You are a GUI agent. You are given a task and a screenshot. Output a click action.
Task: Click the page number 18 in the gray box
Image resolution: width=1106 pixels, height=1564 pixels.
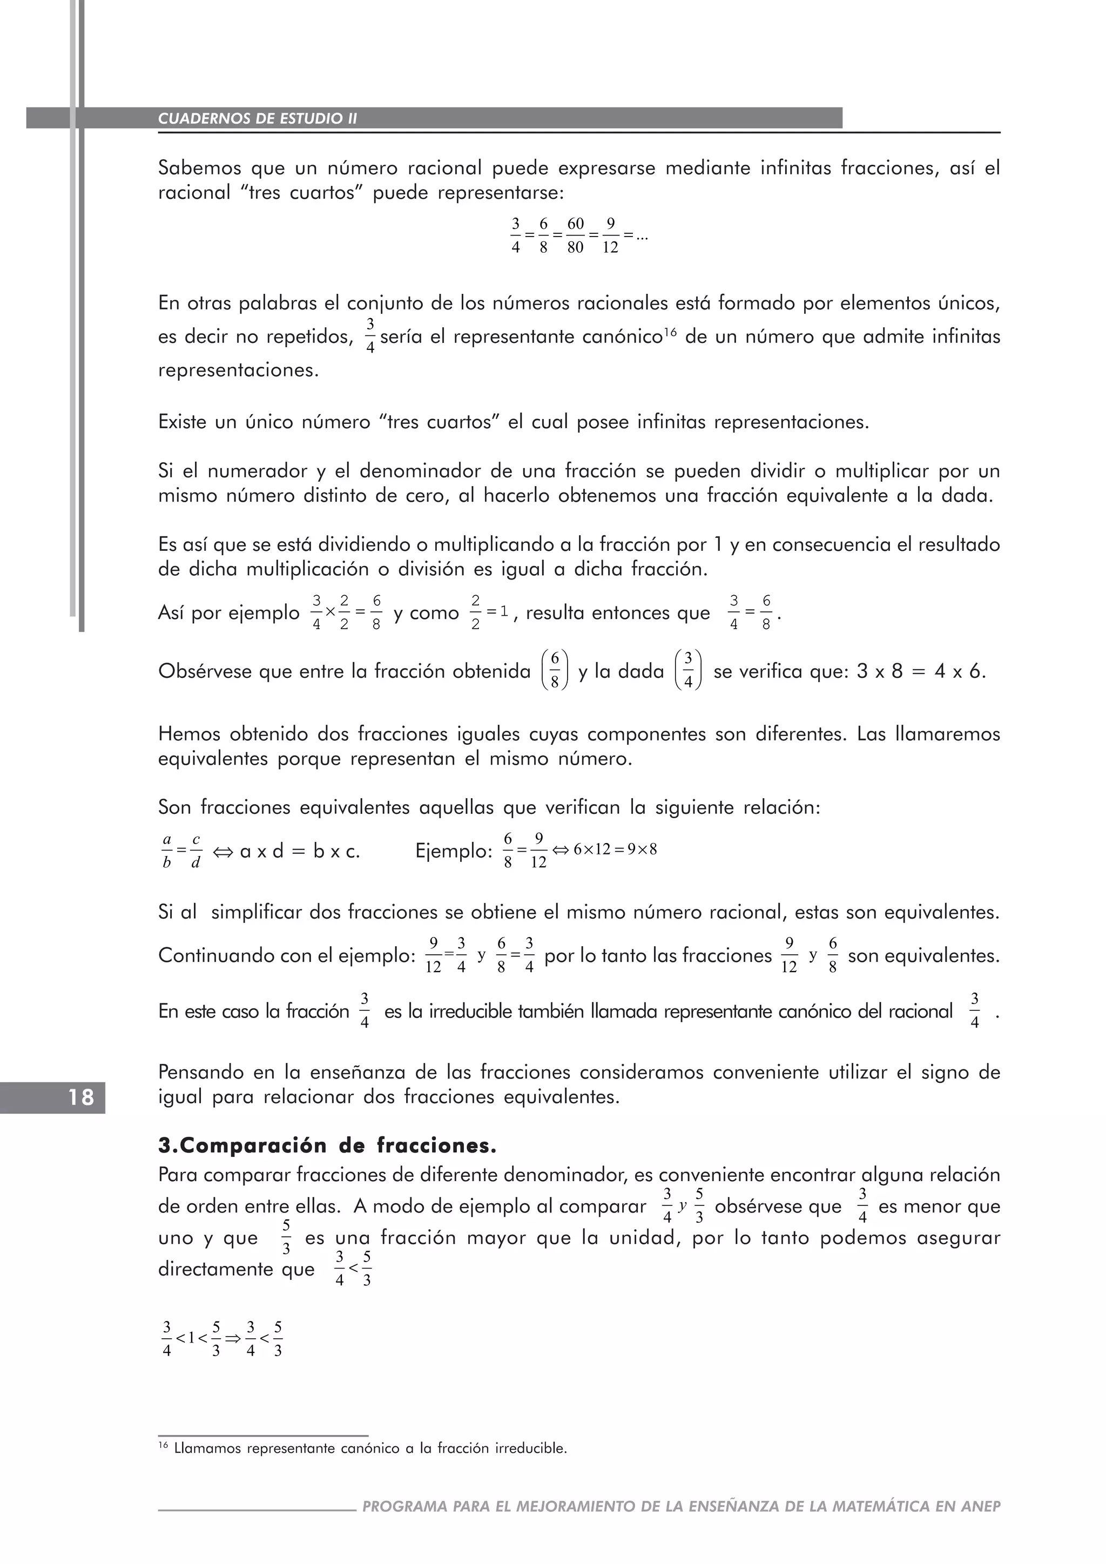[80, 1097]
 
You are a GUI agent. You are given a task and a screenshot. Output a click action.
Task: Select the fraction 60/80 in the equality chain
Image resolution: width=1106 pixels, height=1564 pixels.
[576, 235]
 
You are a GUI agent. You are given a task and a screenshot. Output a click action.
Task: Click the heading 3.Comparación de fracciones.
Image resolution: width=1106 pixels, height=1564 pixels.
[327, 1147]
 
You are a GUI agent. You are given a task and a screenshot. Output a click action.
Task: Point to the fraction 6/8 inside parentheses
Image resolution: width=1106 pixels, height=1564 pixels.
[555, 670]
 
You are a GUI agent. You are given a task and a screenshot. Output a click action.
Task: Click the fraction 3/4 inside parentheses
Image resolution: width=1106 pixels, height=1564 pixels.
[688, 670]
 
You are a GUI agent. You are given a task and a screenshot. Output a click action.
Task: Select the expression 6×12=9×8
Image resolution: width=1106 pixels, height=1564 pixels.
[615, 850]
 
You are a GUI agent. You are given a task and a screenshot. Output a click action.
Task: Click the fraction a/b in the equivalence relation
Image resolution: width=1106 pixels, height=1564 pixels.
[167, 852]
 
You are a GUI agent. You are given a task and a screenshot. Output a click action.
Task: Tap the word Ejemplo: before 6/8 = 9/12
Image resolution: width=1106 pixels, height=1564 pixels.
[454, 852]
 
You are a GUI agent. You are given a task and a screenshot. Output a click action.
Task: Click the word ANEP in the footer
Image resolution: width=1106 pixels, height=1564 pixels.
[981, 1506]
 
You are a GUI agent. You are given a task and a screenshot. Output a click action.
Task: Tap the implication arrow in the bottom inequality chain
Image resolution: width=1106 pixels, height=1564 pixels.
[233, 1339]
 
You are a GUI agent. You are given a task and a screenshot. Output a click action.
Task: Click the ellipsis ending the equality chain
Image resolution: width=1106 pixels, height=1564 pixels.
[641, 237]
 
